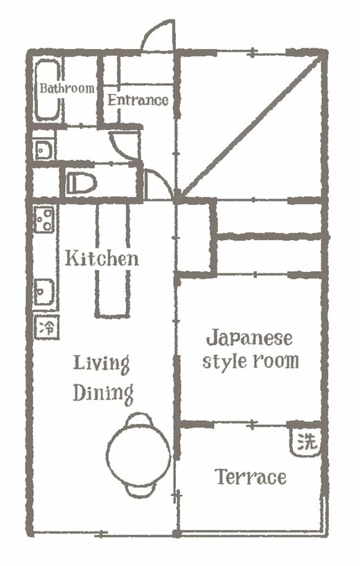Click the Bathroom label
tap(66, 89)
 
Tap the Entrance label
tap(137, 100)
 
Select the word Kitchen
tap(102, 259)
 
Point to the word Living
tap(102, 363)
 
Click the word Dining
tap(103, 393)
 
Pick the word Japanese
tap(249, 339)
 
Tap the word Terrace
tap(250, 477)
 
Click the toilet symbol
tap(82, 183)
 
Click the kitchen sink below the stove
tap(44, 290)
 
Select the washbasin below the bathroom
tap(44, 148)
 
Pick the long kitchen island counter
tap(112, 259)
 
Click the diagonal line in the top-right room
tap(249, 125)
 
